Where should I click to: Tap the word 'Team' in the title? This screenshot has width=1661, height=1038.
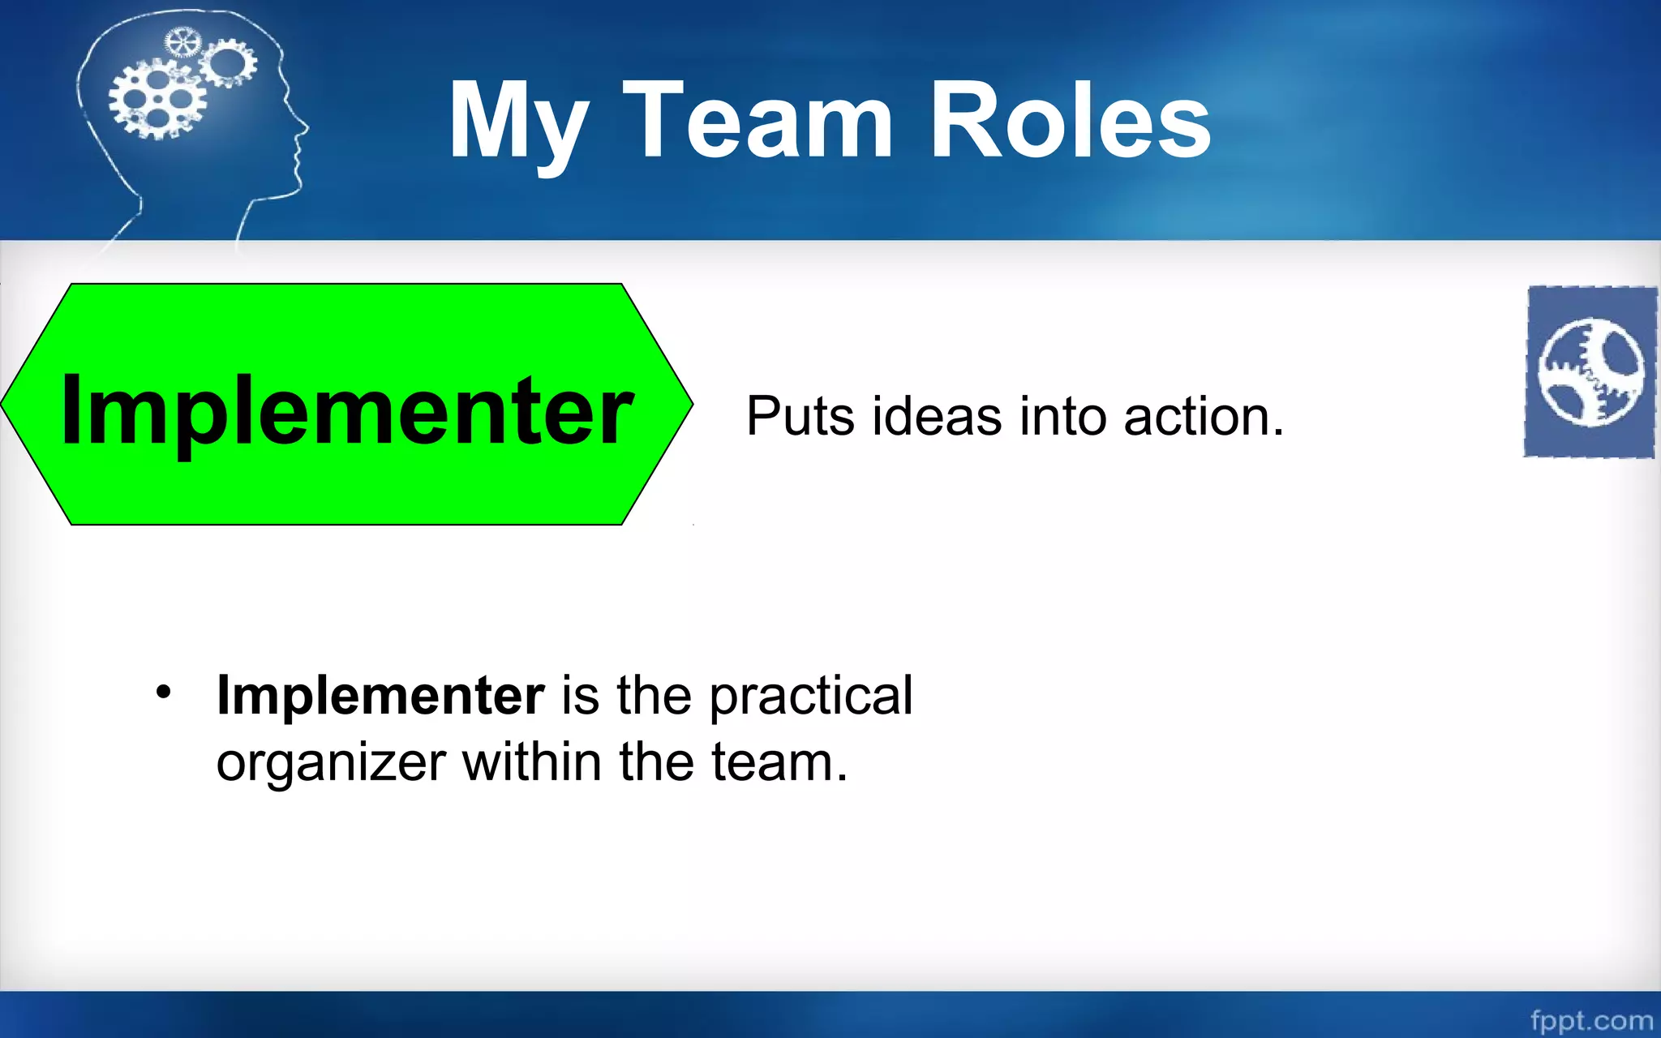(758, 122)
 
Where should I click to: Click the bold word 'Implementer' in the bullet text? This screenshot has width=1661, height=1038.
(380, 696)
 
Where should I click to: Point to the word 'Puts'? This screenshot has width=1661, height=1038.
(800, 417)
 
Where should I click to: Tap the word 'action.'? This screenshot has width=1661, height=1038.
(1204, 417)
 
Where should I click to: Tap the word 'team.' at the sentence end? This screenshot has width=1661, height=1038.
(779, 762)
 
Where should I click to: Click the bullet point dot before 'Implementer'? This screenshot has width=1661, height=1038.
(164, 693)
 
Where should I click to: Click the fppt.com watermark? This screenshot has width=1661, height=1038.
(1591, 1019)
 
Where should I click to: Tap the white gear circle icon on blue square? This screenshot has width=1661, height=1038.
(1591, 371)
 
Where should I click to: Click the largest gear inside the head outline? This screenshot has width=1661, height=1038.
(158, 101)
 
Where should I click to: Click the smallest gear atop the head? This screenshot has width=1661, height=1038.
(182, 42)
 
